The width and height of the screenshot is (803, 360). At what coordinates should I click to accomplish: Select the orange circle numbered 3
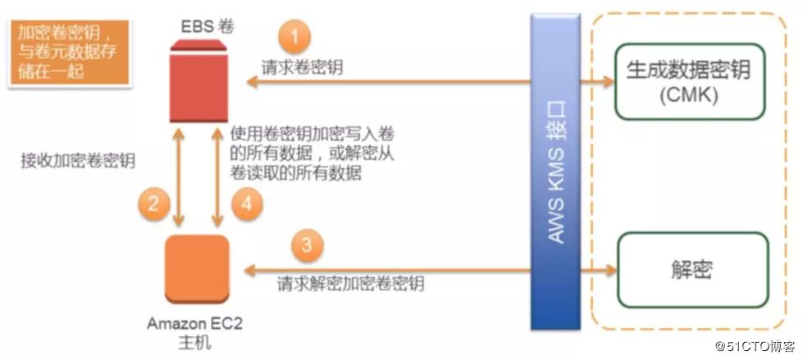[x=305, y=244]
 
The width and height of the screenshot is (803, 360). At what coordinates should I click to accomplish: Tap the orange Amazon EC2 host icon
[x=197, y=268]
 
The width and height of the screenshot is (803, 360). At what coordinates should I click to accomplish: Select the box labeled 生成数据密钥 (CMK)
[x=688, y=82]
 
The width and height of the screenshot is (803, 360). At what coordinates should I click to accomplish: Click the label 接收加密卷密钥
[x=77, y=161]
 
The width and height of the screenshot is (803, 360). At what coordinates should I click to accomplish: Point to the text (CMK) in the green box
[x=688, y=95]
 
